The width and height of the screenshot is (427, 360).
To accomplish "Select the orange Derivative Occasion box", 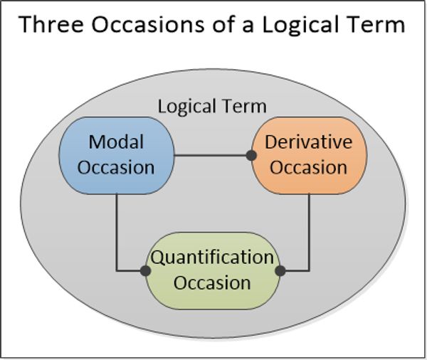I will [308, 154].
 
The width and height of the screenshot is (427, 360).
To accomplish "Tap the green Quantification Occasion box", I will [212, 270].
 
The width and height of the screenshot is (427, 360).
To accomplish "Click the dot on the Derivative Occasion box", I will [251, 154].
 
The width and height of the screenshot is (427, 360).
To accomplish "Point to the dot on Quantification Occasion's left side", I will [145, 270].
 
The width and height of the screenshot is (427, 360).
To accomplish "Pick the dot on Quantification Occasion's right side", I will [280, 270].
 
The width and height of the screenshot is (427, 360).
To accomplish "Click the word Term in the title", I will [377, 26].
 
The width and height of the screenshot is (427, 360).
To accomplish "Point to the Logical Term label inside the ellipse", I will [211, 107].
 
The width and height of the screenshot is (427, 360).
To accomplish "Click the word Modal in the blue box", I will [116, 142].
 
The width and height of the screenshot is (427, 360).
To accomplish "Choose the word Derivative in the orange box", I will [308, 142].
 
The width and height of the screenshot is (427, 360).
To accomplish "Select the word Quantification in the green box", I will [212, 257].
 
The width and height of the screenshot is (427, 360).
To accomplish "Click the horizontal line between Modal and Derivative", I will [211, 154].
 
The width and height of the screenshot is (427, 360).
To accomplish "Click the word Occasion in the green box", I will [212, 282].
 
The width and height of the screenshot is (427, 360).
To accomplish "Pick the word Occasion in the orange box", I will [308, 168].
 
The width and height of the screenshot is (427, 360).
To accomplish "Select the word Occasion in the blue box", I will [116, 168].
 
